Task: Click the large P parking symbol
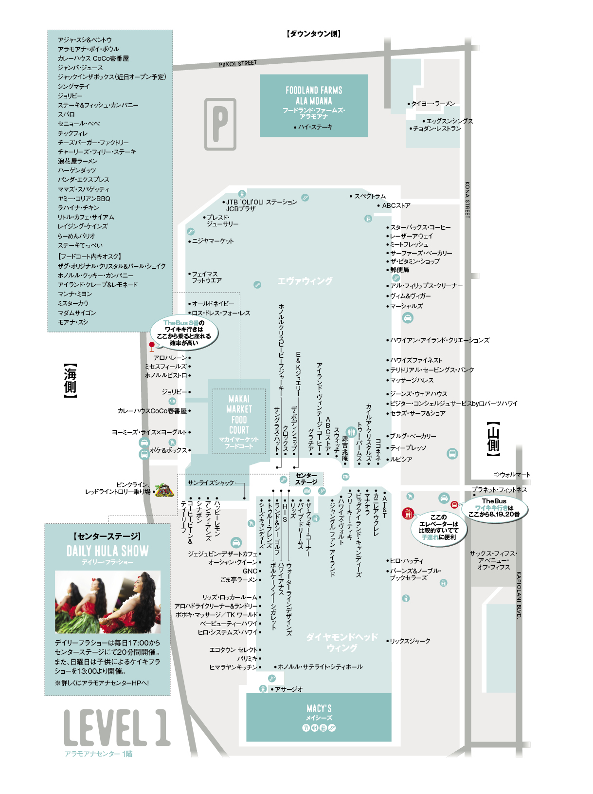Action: pos(220,124)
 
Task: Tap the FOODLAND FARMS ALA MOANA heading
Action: pos(314,95)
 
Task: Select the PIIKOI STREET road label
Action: pos(238,64)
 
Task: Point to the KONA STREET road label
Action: pos(467,200)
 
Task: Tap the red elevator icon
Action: pos(408,513)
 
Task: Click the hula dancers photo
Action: pos(108,602)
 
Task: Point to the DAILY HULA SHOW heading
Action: pos(108,551)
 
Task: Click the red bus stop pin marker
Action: pos(152,346)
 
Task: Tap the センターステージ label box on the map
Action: pos(306,479)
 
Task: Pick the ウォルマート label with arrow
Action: pos(512,475)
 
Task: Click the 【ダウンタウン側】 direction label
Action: pos(314,34)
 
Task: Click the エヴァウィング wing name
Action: pos(305,281)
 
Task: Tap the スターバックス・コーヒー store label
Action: pos(420,227)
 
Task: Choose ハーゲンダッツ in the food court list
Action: pos(77,170)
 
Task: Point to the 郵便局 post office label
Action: pos(399,270)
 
